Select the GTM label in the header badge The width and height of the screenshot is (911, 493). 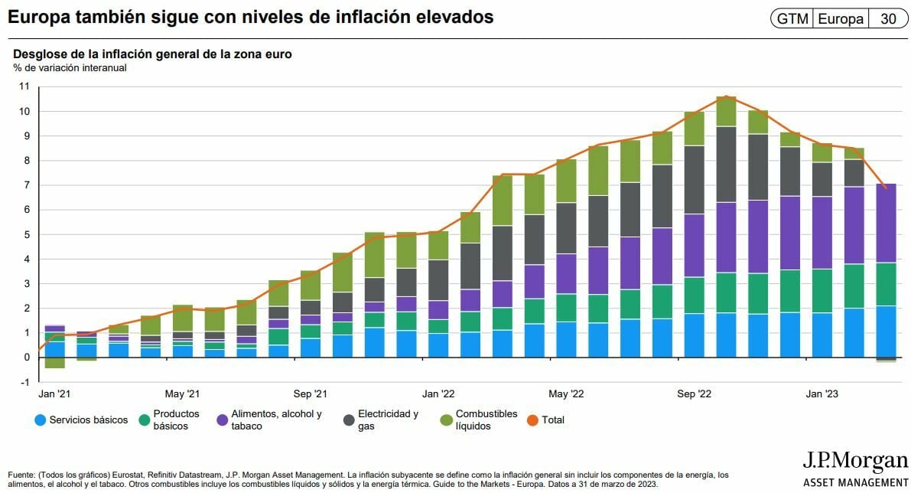pos(792,19)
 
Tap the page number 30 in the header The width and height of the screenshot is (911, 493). pos(888,19)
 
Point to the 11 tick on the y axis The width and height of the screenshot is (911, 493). pos(23,87)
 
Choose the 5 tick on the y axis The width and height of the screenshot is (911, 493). pos(25,234)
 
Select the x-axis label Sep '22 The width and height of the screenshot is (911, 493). pos(695,394)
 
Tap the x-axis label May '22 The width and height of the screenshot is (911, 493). pos(566,394)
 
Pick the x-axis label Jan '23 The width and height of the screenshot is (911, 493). pos(822,394)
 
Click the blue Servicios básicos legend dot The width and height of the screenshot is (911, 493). pos(40,420)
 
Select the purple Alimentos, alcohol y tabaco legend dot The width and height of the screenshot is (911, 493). pos(222,420)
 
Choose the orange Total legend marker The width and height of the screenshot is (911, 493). pos(532,420)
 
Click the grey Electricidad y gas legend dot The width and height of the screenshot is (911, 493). pos(349,420)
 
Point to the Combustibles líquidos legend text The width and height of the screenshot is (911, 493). pos(486,420)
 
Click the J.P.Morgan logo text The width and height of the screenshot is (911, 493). pos(854,462)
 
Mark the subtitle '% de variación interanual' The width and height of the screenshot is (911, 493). pos(70,67)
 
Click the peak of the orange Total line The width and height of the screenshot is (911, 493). pos(726,96)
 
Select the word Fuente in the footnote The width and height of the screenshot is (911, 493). pos(22,475)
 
